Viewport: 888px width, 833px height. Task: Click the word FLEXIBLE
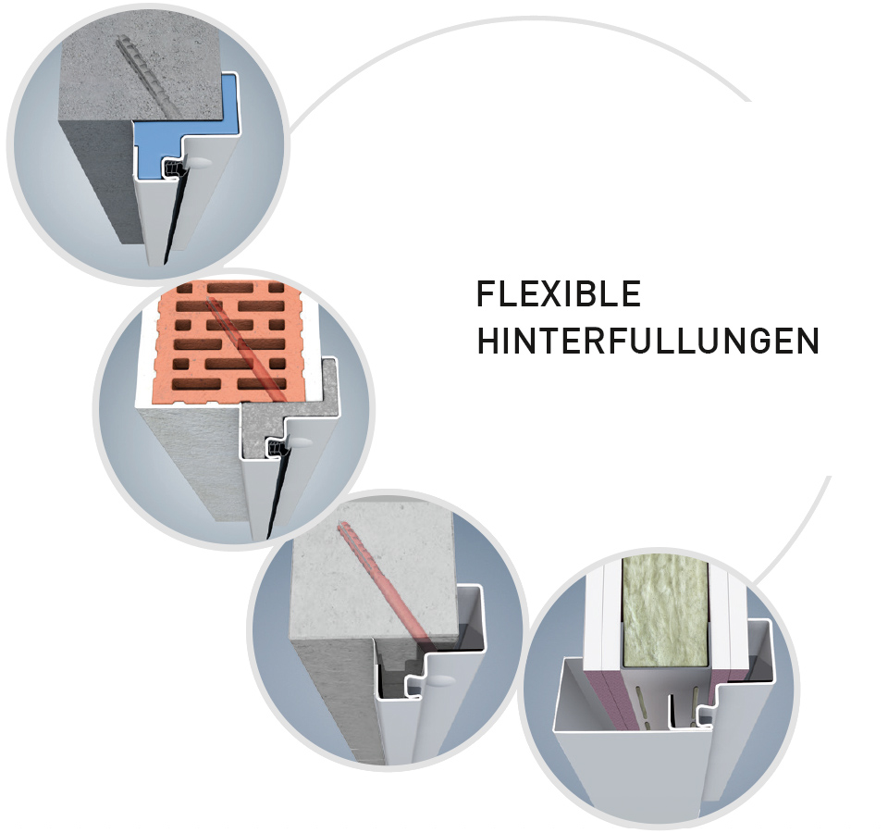(559, 293)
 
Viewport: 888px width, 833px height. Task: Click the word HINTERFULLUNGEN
(647, 340)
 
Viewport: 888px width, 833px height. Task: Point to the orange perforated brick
(228, 342)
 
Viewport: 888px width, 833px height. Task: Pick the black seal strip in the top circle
(173, 216)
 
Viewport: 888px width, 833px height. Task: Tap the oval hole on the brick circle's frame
(301, 441)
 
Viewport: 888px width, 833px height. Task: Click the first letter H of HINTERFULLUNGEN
(488, 341)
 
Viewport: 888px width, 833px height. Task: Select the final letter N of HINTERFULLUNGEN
(808, 341)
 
